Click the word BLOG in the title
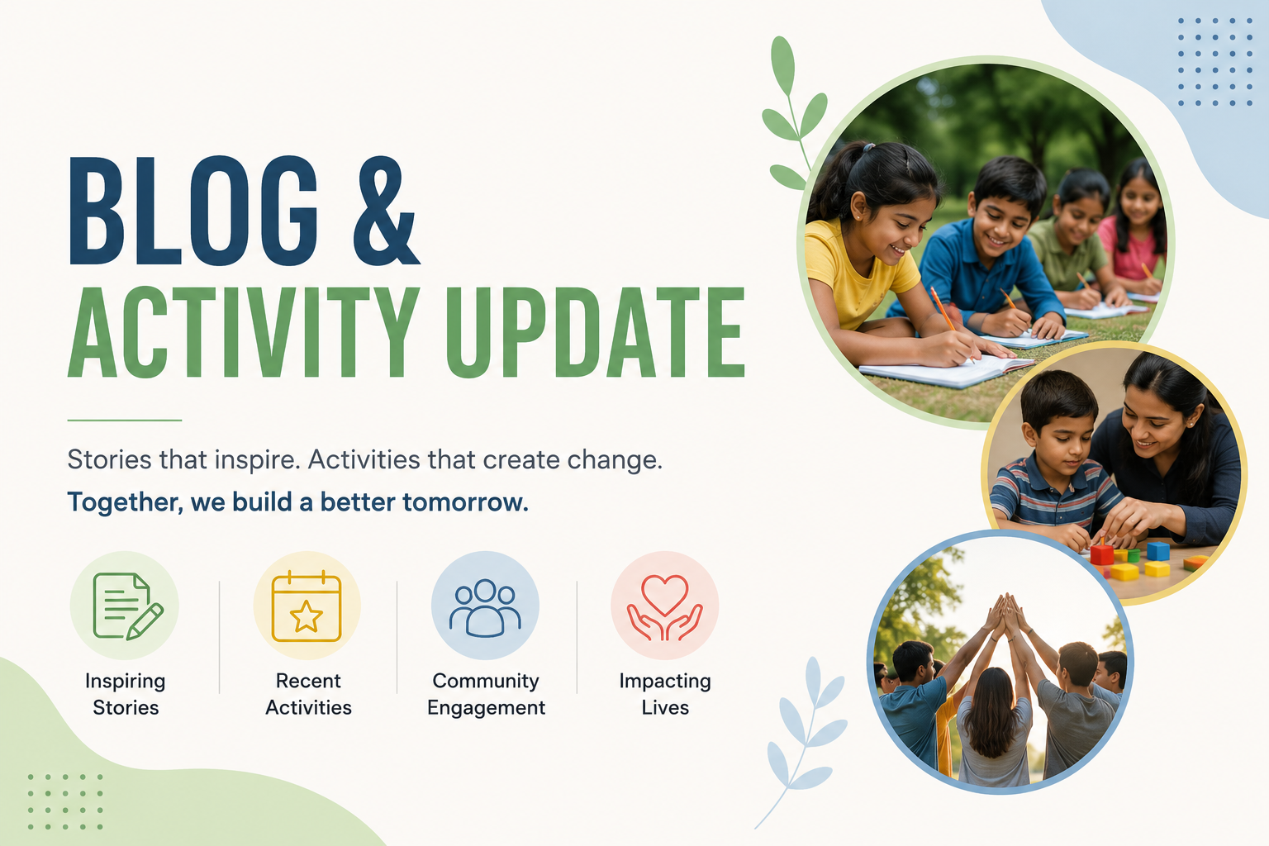click(x=193, y=211)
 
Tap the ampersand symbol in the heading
click(x=387, y=211)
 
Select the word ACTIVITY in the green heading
click(x=245, y=332)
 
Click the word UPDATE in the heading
click(x=595, y=332)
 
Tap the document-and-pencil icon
click(x=128, y=606)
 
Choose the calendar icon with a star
click(x=307, y=606)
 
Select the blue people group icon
click(x=485, y=607)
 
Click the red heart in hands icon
click(x=664, y=607)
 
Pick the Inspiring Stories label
click(x=126, y=694)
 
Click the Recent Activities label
click(x=308, y=694)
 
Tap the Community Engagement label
click(x=486, y=694)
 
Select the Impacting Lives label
click(x=665, y=694)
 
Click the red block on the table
click(x=1102, y=554)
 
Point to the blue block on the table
click(x=1158, y=551)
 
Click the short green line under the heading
click(x=125, y=421)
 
